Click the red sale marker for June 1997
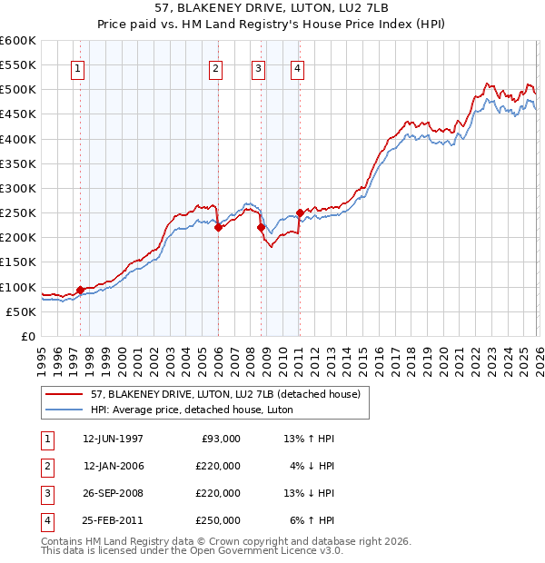pyautogui.click(x=80, y=290)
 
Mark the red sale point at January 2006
pyautogui.click(x=218, y=228)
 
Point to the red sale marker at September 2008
pyautogui.click(x=261, y=228)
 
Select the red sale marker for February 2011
pyautogui.click(x=300, y=212)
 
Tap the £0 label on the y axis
pyautogui.click(x=27, y=336)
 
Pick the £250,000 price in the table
pyautogui.click(x=217, y=520)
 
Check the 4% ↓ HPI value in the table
pyautogui.click(x=311, y=466)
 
